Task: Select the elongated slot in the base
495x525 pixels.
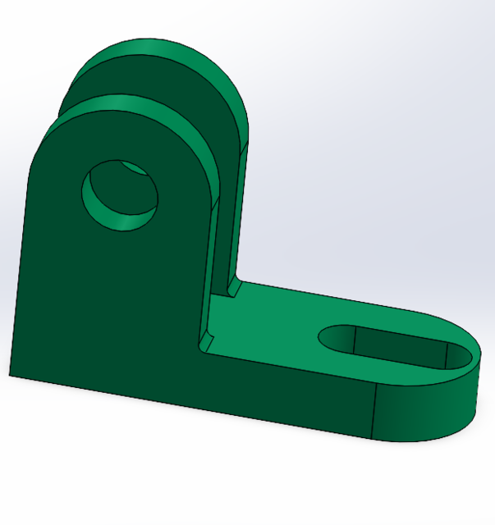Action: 394,346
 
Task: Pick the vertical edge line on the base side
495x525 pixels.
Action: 374,410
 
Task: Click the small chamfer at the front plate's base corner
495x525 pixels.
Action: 206,338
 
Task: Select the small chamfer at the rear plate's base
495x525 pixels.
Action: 232,288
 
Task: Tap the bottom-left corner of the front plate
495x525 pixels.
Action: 11,375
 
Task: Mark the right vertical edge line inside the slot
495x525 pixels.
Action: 445,355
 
